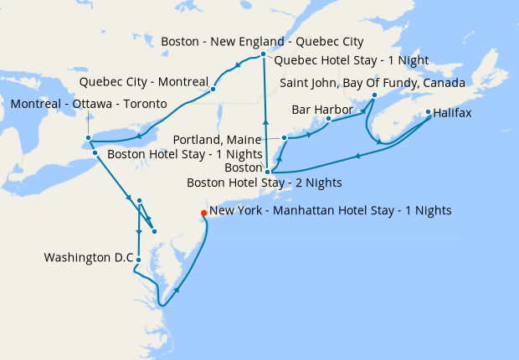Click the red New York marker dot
pyautogui.click(x=203, y=213)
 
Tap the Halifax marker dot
pyautogui.click(x=429, y=112)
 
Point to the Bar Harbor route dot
pyautogui.click(x=328, y=119)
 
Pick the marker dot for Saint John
pyautogui.click(x=374, y=95)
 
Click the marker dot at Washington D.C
pyautogui.click(x=138, y=260)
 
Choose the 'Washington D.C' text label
pyautogui.click(x=89, y=258)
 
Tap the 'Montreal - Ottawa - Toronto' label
pyautogui.click(x=89, y=104)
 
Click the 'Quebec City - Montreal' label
pyautogui.click(x=143, y=82)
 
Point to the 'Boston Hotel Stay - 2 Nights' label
pyautogui.click(x=264, y=182)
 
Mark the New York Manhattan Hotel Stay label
pyautogui.click(x=331, y=211)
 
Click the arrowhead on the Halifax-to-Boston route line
pyautogui.click(x=358, y=156)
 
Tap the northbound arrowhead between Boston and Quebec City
pyautogui.click(x=265, y=123)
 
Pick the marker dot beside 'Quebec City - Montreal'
pyautogui.click(x=213, y=88)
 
